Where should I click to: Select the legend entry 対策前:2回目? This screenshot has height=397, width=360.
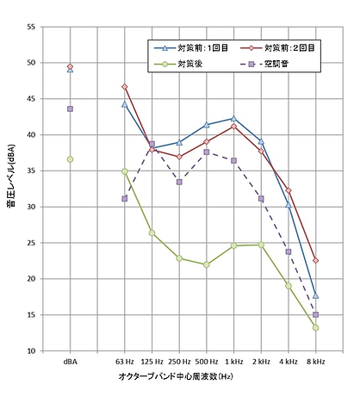pos(289,48)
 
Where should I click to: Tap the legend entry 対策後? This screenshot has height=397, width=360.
pos(191,65)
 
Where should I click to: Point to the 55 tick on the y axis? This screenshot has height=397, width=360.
pos(32,27)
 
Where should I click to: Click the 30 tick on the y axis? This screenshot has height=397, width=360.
pos(32,207)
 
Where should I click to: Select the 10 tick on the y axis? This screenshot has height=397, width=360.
pos(32,351)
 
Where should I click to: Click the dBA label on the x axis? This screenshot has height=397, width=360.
pos(70,363)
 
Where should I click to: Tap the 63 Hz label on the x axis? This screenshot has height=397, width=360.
pos(125,363)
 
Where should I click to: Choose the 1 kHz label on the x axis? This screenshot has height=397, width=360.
pos(233,363)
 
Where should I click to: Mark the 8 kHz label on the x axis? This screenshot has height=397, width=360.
pos(316,363)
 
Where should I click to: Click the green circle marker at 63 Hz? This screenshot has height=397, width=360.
pos(125,171)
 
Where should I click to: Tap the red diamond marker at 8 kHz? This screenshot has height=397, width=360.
pos(316,260)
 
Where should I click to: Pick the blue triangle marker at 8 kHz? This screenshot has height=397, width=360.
pos(316,295)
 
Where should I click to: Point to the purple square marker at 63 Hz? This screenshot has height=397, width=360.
pos(125,199)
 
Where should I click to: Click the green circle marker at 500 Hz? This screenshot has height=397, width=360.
pos(207,264)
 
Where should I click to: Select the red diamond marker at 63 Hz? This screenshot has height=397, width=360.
pos(125,87)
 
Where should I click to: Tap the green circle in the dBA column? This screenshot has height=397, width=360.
pos(70,159)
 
